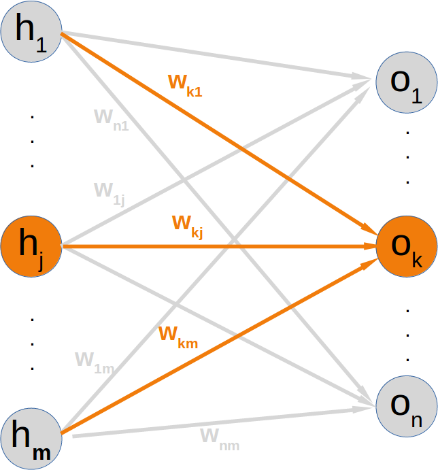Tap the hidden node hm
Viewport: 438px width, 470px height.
(31, 435)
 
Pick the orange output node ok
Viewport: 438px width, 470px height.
(407, 247)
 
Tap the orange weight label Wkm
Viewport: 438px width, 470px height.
(178, 336)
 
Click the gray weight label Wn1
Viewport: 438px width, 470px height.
(111, 119)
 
